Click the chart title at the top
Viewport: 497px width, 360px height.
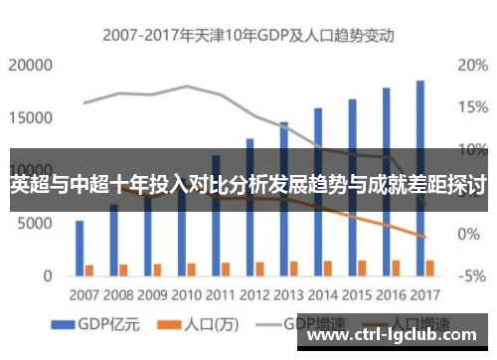click(248, 36)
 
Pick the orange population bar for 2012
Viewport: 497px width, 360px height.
click(259, 268)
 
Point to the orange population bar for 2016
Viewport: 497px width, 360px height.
click(396, 267)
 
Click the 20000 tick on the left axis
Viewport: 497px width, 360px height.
click(30, 66)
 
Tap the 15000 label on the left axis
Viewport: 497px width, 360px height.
click(30, 117)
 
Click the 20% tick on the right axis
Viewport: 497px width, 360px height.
click(471, 66)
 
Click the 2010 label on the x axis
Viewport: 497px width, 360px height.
click(186, 295)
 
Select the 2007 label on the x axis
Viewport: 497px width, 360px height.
click(84, 295)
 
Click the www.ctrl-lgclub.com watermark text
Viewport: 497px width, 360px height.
click(398, 335)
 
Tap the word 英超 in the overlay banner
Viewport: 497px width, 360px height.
click(29, 185)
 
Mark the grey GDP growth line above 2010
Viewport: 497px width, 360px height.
click(186, 87)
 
